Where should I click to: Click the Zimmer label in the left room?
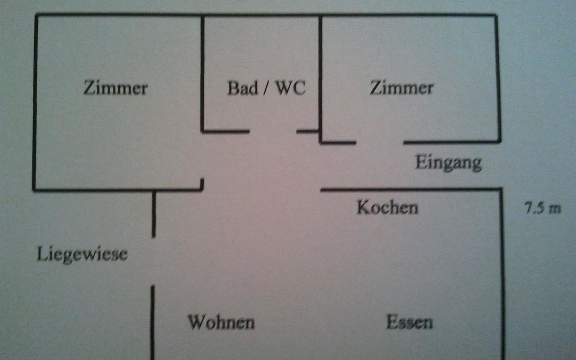click(x=115, y=88)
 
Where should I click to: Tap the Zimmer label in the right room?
click(x=401, y=88)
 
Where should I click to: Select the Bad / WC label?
click(x=266, y=88)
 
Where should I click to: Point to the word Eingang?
click(x=448, y=163)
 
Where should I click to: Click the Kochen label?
click(x=387, y=208)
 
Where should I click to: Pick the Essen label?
click(x=409, y=322)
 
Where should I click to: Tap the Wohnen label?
click(x=221, y=322)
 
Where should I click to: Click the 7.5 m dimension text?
click(x=542, y=208)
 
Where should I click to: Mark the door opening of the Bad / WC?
click(x=273, y=131)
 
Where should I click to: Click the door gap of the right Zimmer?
click(x=379, y=142)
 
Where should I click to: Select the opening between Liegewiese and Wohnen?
click(x=153, y=261)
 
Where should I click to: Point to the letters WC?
click(x=290, y=88)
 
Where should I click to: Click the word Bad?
click(x=243, y=88)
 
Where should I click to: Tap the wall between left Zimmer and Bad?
click(x=202, y=72)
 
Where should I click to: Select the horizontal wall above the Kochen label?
click(x=411, y=189)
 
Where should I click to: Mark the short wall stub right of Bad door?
click(x=307, y=131)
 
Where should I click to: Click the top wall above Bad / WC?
click(x=261, y=14)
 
